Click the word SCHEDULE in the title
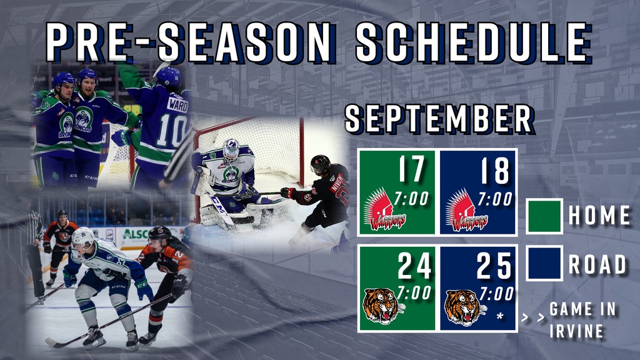pos(474,42)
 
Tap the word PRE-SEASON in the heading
pos(189,42)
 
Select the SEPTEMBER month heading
pos(439,119)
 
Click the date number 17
pos(411,169)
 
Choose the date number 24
pos(414,265)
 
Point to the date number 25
pos(494,265)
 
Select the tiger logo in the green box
pos(382,306)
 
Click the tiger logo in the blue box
pos(465,307)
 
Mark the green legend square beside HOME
pos(544,216)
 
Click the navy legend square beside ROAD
pos(544,263)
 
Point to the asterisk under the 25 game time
pos(500,316)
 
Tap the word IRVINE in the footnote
pos(576,331)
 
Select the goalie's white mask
pos(231,150)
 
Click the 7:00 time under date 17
pos(411,199)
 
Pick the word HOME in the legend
pos(599,215)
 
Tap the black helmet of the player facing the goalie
pos(320,164)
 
